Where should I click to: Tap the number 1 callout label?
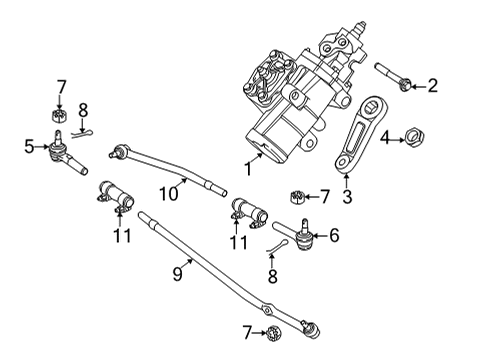point(247,171)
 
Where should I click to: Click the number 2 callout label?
point(432,86)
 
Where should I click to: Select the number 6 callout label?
point(334,236)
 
